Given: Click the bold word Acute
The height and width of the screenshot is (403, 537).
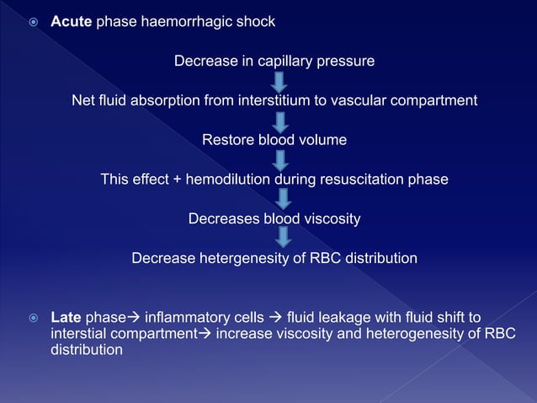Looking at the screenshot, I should pos(72,22).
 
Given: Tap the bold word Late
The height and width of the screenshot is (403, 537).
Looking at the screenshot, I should pos(66,318).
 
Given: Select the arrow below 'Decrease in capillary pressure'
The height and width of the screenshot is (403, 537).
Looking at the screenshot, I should pos(279,82).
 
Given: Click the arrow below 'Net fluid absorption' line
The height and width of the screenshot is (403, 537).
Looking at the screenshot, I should pos(280,121).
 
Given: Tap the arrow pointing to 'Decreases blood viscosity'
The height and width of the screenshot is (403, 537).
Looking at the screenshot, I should pos(284,199).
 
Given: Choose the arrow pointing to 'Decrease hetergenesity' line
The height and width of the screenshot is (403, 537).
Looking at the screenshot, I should pos(284,238).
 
